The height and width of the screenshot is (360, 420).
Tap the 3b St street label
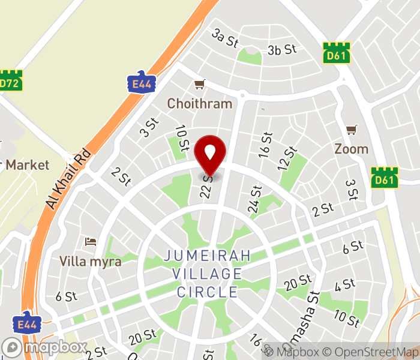(283, 49)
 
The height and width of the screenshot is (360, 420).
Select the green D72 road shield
(10, 83)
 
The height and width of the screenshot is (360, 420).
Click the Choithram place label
(199, 104)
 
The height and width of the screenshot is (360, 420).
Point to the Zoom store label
(351, 148)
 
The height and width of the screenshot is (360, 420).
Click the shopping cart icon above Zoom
(352, 130)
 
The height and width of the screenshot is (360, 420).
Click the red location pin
(211, 153)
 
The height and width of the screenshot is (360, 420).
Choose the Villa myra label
(91, 262)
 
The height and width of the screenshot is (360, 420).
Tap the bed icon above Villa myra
(91, 242)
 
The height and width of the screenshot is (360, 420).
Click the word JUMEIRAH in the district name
(208, 256)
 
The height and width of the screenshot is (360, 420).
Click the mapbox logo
(44, 347)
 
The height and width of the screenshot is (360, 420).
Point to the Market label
(27, 164)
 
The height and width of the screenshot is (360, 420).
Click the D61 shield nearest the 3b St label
(335, 51)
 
